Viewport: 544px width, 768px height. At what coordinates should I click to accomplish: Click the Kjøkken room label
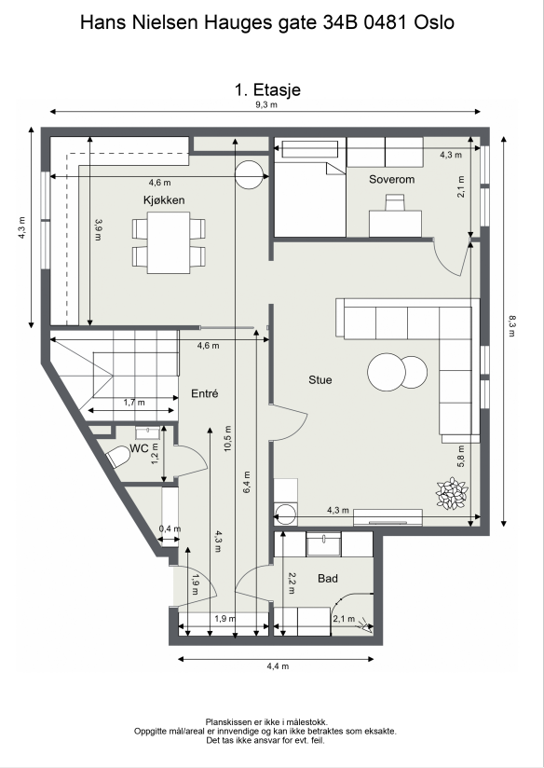pyautogui.click(x=163, y=200)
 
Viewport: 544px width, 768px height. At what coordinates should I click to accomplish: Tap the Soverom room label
pyautogui.click(x=390, y=178)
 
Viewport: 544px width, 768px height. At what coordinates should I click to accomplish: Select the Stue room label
pyautogui.click(x=320, y=379)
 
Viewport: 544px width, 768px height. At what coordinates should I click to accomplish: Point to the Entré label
pyautogui.click(x=203, y=393)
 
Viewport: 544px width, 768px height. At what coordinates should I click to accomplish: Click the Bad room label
pyautogui.click(x=327, y=579)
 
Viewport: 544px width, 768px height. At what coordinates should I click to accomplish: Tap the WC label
pyautogui.click(x=140, y=447)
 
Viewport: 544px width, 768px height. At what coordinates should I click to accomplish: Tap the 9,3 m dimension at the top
pyautogui.click(x=266, y=105)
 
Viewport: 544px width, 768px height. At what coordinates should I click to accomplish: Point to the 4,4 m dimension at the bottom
pyautogui.click(x=277, y=666)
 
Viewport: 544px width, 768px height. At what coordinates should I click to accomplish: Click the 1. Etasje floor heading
pyautogui.click(x=267, y=89)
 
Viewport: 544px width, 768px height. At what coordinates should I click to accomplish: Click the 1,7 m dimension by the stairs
pyautogui.click(x=134, y=403)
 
